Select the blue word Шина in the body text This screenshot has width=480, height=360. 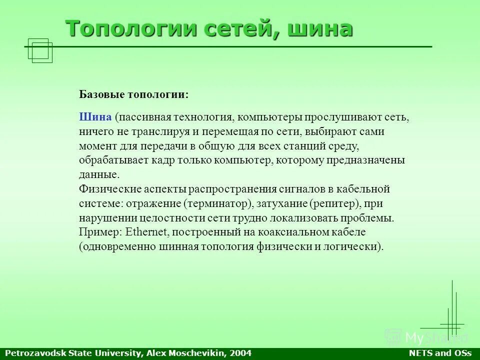tap(95, 117)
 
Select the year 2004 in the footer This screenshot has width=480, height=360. tap(241, 353)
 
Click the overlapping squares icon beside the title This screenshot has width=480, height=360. tap(40, 50)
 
